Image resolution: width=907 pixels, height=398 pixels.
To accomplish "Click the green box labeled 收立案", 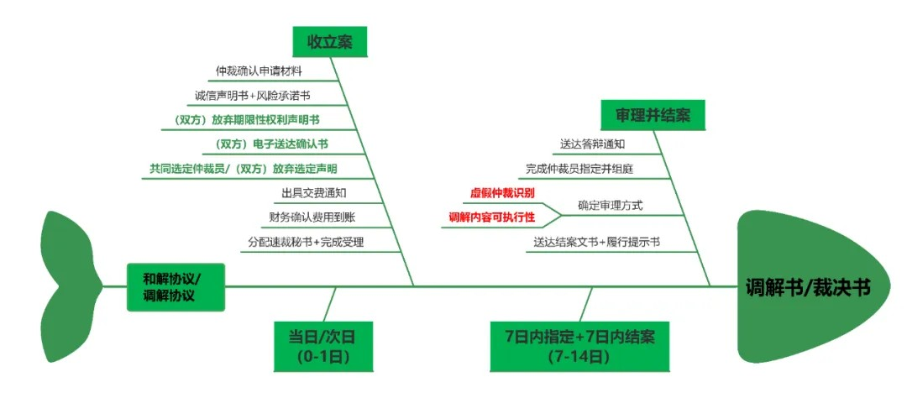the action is click(x=329, y=42).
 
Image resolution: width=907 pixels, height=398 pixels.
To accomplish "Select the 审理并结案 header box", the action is click(x=653, y=115).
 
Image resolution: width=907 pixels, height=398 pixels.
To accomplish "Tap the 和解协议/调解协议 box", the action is click(x=176, y=286).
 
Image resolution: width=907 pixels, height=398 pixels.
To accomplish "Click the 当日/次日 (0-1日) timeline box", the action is click(x=322, y=346).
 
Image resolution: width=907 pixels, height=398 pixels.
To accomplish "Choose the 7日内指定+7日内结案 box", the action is click(x=579, y=346).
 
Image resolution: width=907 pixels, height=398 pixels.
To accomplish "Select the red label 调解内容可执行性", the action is click(x=492, y=217).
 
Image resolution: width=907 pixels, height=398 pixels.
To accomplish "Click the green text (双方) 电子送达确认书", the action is click(x=271, y=144).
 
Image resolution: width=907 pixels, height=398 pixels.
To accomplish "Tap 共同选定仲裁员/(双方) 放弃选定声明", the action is click(x=244, y=169).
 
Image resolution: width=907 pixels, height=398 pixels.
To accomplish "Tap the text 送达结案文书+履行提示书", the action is click(x=596, y=242).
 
